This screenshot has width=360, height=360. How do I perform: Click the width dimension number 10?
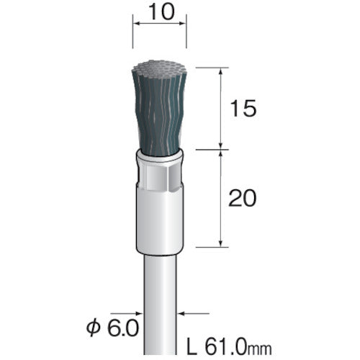pos(161,12)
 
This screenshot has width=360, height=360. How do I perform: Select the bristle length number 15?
pos(243,109)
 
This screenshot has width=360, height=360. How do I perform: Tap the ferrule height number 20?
pos(243,198)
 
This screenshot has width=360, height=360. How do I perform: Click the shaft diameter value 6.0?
pos(123,328)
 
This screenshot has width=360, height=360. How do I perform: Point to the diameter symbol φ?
pos(93,328)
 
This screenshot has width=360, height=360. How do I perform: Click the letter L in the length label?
pos(192,346)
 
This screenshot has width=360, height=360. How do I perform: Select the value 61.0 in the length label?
pos(226,346)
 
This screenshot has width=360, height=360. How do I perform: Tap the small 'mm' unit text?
pos(260,349)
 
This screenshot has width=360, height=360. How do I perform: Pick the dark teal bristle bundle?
pos(159,114)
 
